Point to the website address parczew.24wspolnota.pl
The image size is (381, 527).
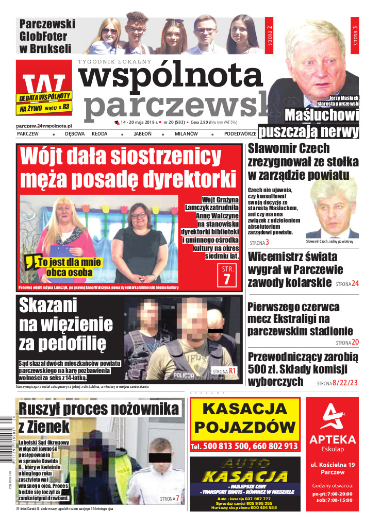(x=44, y=125)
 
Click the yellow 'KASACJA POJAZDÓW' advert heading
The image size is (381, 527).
(x=245, y=418)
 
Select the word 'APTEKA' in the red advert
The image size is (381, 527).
(x=332, y=439)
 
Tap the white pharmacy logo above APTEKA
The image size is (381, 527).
(x=332, y=416)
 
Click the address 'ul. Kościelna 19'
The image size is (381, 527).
(x=332, y=466)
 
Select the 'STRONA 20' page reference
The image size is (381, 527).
(x=347, y=342)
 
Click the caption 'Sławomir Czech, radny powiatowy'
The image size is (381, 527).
(x=329, y=242)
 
